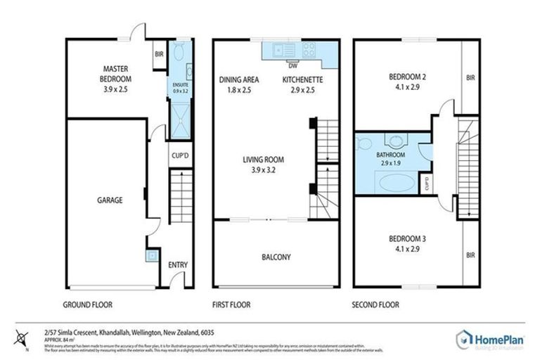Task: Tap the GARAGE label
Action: point(109,200)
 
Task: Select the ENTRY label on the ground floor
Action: point(177,264)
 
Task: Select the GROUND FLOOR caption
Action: point(89,304)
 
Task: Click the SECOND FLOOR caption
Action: point(375,304)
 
